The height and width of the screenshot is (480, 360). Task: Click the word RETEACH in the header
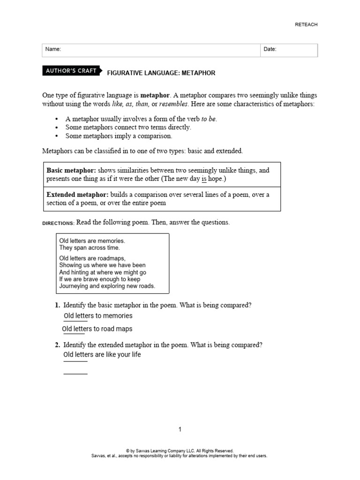[x=306, y=25]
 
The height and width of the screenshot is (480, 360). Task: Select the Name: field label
[x=53, y=49]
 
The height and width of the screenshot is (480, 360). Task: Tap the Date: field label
[x=270, y=49]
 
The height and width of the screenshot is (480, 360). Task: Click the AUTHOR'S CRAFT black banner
[x=71, y=71]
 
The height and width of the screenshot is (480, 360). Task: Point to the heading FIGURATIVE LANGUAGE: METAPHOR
[x=161, y=73]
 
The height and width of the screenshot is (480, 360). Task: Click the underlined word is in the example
[x=204, y=179]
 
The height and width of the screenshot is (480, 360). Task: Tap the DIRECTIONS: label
[x=59, y=223]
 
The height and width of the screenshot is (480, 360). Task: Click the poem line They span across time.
[x=90, y=247]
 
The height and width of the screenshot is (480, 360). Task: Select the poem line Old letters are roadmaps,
[x=92, y=258]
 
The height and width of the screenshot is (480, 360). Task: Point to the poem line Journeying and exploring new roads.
[x=107, y=285]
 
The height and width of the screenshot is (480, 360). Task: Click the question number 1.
[x=57, y=305]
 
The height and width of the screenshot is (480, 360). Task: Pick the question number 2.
[x=57, y=345]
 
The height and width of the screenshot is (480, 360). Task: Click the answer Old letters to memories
[x=98, y=316]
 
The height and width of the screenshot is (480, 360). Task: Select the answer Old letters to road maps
[x=97, y=329]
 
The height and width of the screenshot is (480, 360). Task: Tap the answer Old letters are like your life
[x=102, y=355]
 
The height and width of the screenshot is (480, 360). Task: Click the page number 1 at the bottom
[x=180, y=429]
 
